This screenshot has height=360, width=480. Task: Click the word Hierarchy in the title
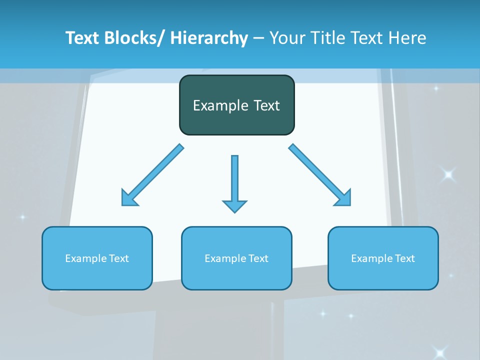click(x=209, y=38)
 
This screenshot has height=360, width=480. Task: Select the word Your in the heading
click(x=285, y=38)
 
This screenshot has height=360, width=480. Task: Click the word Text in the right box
click(x=404, y=258)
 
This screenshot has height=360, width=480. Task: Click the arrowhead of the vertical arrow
click(x=234, y=205)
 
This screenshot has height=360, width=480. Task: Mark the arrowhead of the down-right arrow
click(x=344, y=198)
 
